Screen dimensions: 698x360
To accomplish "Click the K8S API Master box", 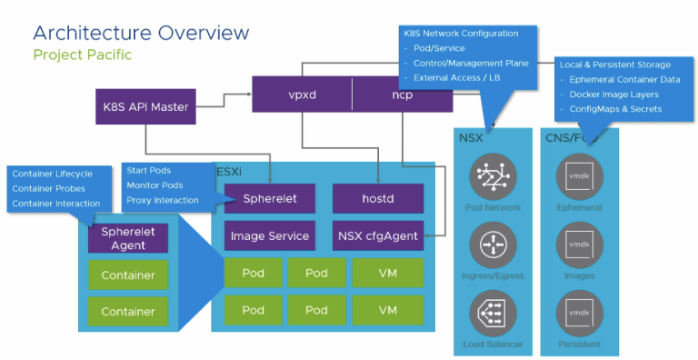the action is (145, 106).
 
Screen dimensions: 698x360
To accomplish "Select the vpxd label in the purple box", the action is (303, 95).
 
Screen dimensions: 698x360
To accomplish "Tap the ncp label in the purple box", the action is (402, 95).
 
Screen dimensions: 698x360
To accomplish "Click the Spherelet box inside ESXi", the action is (270, 199).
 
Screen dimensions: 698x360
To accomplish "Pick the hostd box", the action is (378, 199).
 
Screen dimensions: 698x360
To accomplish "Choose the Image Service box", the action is (270, 235).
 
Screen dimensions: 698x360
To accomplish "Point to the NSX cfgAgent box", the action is (378, 235).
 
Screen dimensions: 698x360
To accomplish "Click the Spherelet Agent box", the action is (128, 238).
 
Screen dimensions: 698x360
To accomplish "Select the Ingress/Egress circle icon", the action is (493, 245).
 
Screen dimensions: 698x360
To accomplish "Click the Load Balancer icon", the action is (493, 314).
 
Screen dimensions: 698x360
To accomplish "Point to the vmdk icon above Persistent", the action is (579, 314).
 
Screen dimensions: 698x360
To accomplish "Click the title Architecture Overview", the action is (141, 33).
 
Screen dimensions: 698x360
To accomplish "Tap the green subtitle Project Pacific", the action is (83, 55).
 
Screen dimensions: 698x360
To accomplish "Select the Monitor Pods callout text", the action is (155, 185).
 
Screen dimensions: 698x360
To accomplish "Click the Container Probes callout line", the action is (48, 188).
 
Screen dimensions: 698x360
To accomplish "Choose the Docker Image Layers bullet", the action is (613, 95).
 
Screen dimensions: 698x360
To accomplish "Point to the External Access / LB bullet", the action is (457, 78).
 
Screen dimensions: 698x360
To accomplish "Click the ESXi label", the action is (229, 172).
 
